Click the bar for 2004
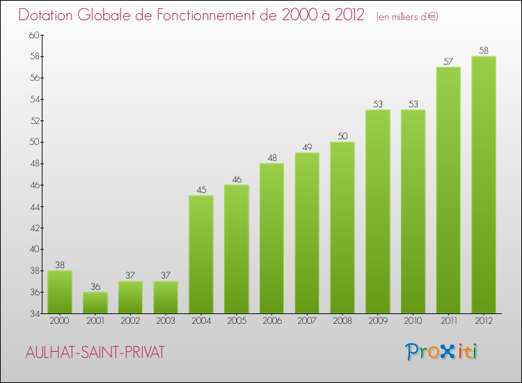tap(201, 254)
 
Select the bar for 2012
tap(484, 185)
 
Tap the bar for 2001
tap(95, 302)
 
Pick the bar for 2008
tap(342, 228)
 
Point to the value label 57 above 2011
tap(448, 62)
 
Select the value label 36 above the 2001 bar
tap(95, 287)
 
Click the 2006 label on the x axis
tap(271, 321)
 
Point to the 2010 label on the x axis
tap(413, 321)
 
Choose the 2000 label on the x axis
tap(60, 321)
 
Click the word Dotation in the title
tap(50, 15)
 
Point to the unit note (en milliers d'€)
tap(406, 16)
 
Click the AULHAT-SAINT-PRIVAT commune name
tap(95, 352)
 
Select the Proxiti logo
tap(441, 352)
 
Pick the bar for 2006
tap(271, 238)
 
